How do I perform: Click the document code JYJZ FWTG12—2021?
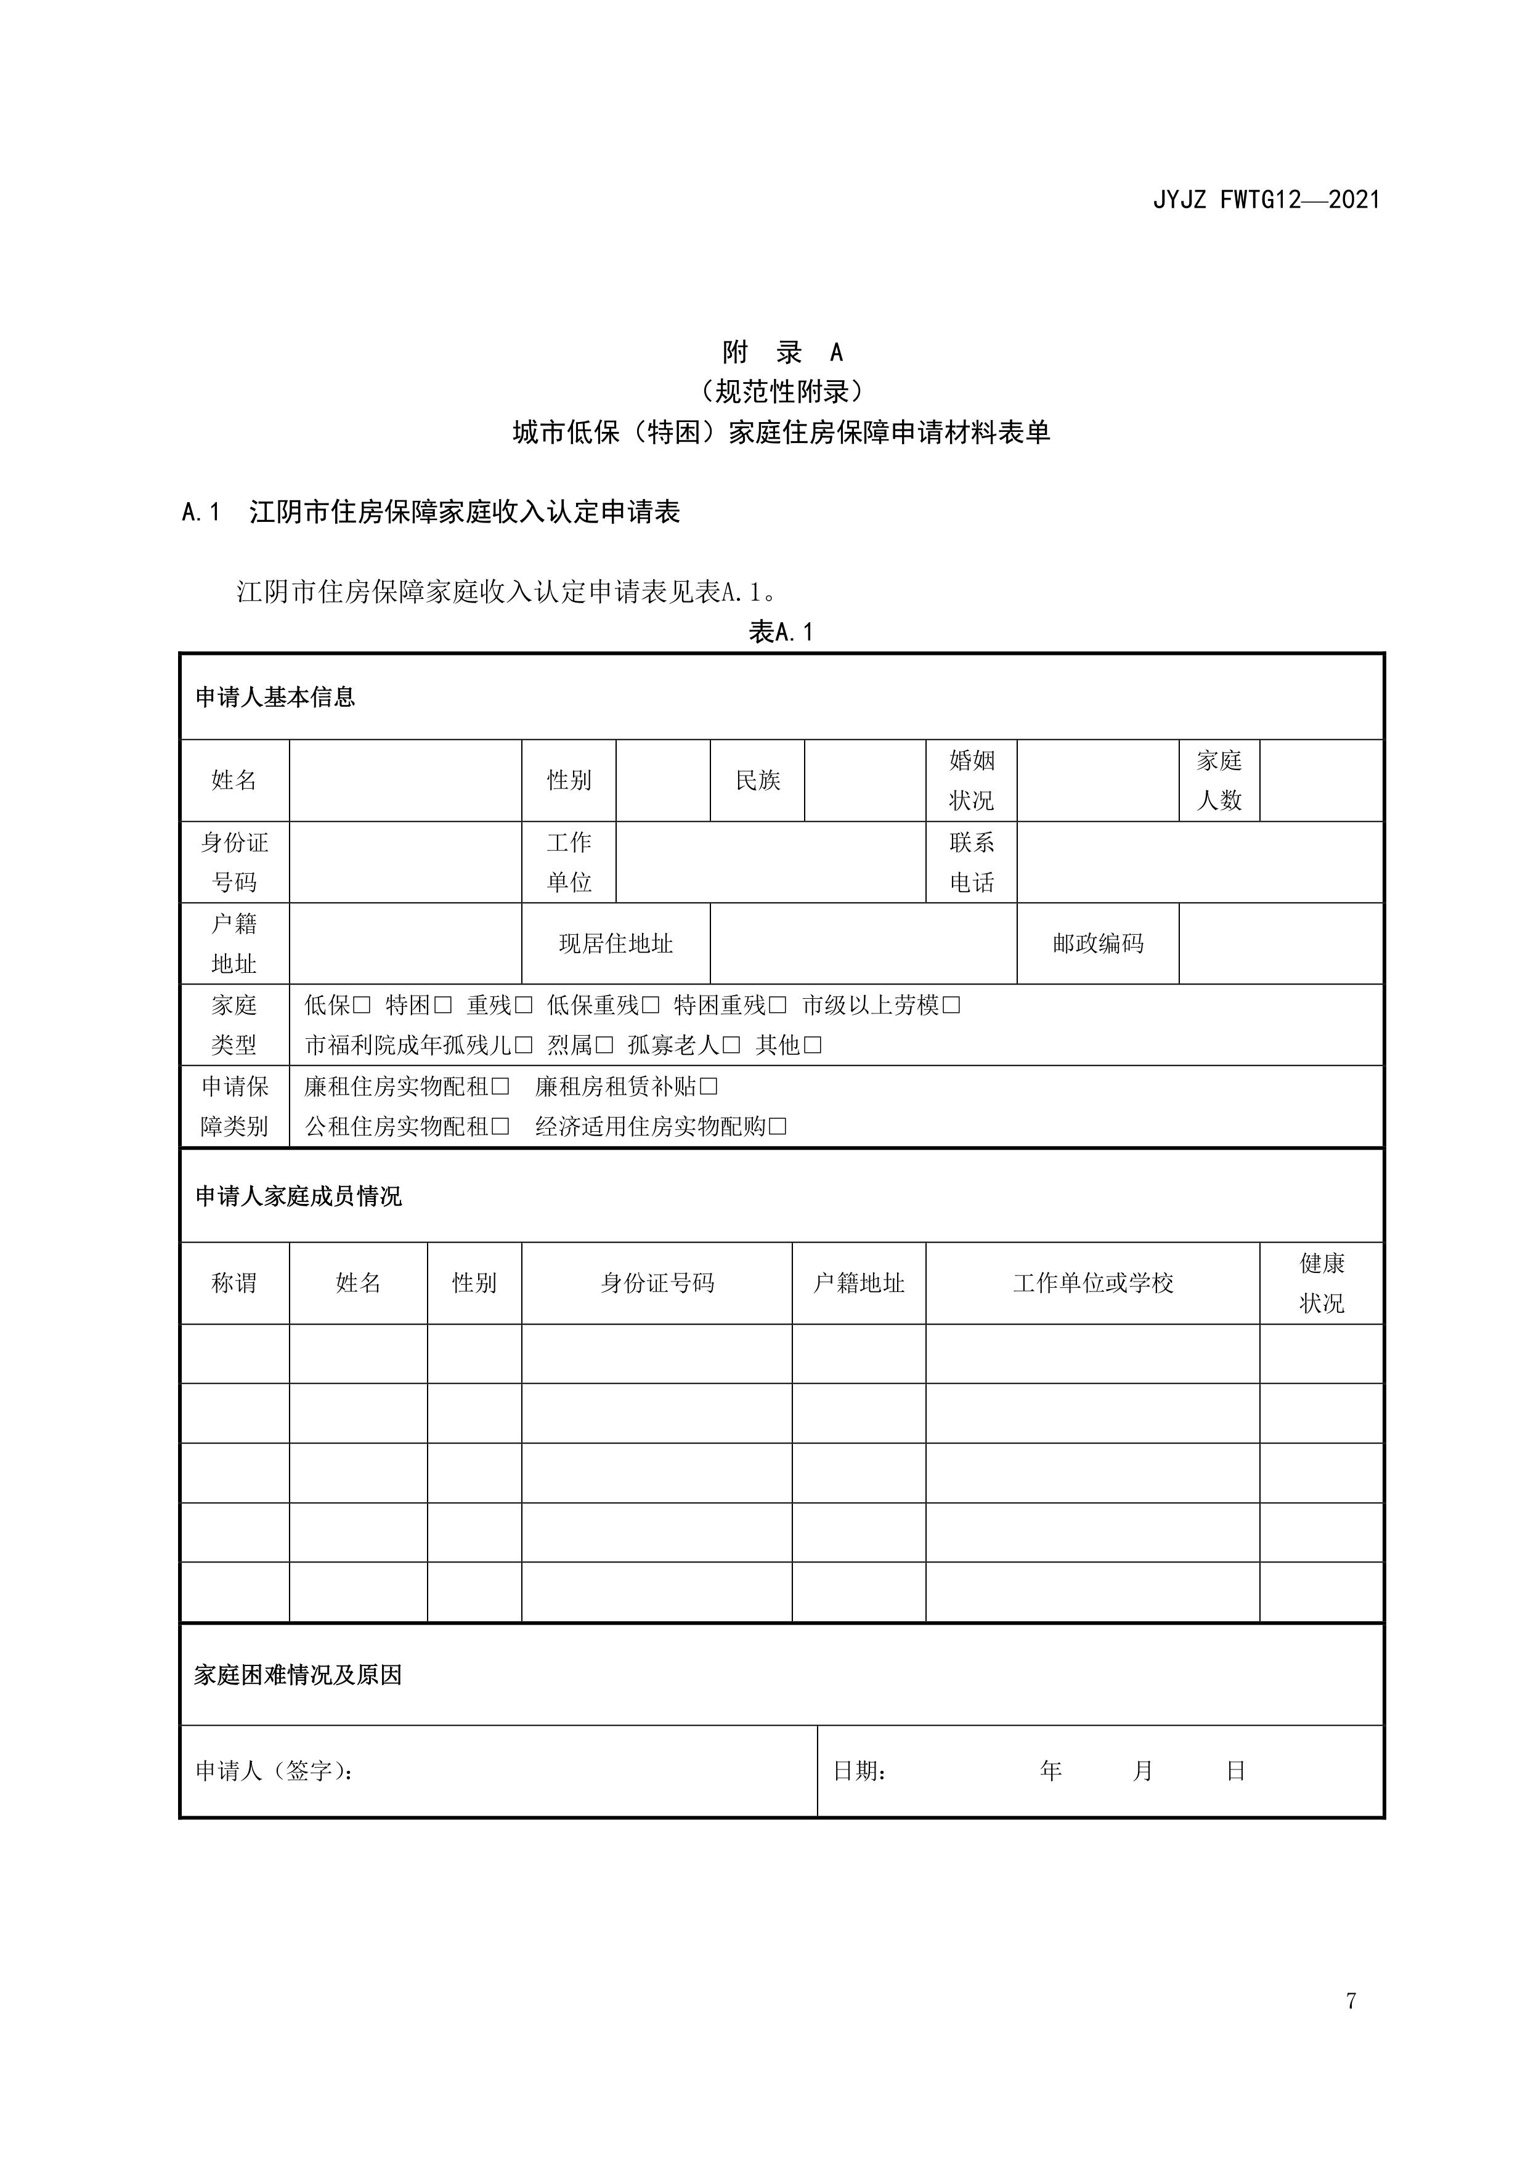point(1266,200)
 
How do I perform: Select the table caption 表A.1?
point(781,632)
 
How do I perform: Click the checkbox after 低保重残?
point(651,1006)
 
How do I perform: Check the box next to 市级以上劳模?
point(952,1006)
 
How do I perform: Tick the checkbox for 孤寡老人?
point(731,1045)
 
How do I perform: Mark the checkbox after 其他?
point(813,1045)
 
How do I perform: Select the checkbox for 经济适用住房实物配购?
point(778,1126)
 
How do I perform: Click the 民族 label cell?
point(758,781)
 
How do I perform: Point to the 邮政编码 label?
point(1098,943)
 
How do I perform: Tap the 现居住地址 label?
point(616,943)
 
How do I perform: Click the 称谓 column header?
point(234,1283)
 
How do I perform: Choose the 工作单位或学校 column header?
point(1093,1283)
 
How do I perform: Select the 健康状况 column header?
point(1322,1283)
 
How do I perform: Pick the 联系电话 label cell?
point(972,861)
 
